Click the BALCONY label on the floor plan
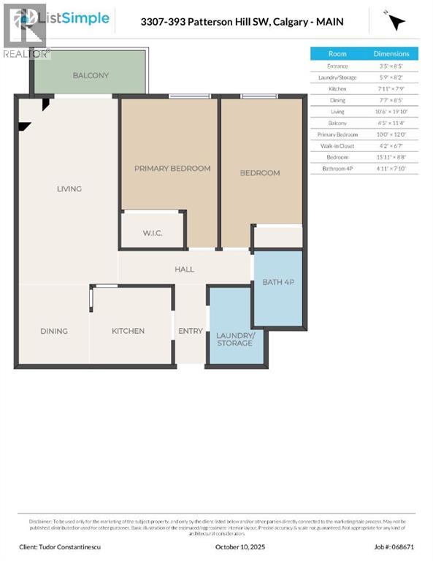tap(91, 75)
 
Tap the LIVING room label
tap(69, 188)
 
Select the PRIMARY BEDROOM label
tap(172, 168)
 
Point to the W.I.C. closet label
tap(153, 234)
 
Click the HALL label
tap(184, 269)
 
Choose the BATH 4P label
tap(277, 281)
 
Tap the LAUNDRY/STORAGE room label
tap(235, 339)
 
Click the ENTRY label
tap(191, 331)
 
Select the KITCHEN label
tap(128, 331)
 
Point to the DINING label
tap(54, 331)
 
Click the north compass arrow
tap(396, 22)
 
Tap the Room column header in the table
tap(337, 53)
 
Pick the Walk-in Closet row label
tap(337, 146)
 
